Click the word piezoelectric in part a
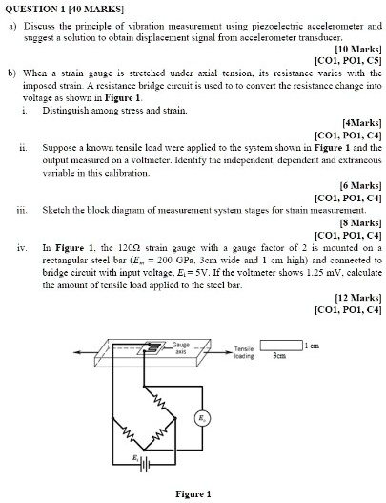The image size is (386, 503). tap(254, 20)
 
